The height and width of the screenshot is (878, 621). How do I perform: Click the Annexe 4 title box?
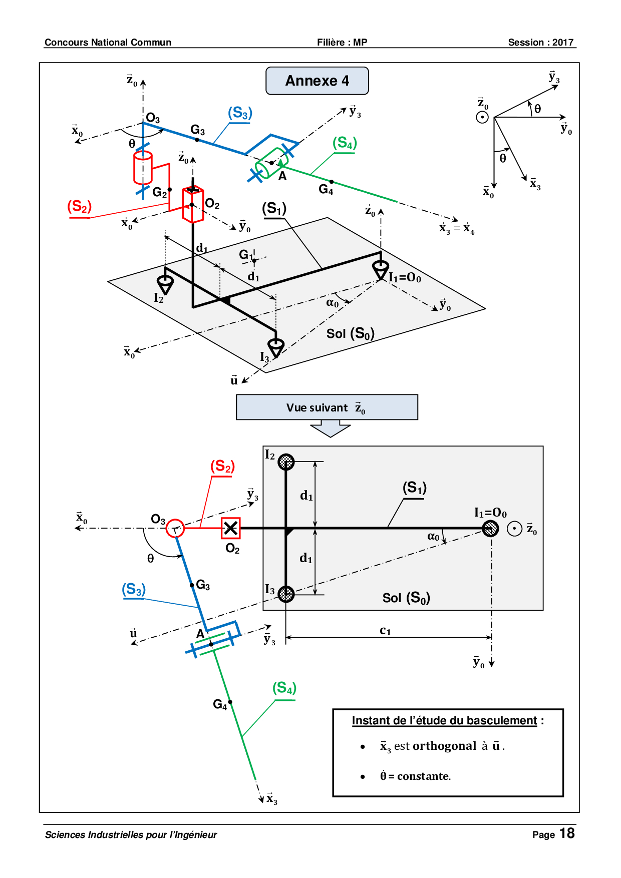[317, 81]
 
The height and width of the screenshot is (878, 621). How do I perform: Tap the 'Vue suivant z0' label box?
[327, 407]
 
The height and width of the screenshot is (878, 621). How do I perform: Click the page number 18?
[567, 833]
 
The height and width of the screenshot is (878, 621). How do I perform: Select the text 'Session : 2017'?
[541, 43]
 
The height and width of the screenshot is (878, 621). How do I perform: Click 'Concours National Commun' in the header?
[108, 43]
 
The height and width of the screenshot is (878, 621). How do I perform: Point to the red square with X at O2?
[231, 528]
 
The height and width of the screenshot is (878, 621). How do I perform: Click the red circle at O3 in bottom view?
[175, 528]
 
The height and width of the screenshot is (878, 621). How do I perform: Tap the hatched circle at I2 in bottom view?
[286, 462]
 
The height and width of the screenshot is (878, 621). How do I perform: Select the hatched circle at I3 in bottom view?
[286, 594]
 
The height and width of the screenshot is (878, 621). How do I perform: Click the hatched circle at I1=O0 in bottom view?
[490, 528]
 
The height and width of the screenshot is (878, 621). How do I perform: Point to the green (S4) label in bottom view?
[284, 688]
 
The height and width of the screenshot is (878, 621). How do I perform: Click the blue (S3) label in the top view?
[240, 113]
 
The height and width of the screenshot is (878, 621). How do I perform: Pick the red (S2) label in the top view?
[80, 206]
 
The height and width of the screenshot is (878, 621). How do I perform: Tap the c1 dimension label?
[385, 630]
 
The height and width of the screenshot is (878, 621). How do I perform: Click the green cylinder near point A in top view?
[270, 163]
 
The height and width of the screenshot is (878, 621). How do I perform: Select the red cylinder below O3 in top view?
[143, 168]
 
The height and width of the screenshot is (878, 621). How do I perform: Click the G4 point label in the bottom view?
[220, 705]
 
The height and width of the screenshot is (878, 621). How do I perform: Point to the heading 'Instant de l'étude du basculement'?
[445, 721]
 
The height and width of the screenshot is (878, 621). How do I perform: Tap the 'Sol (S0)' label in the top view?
[351, 333]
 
